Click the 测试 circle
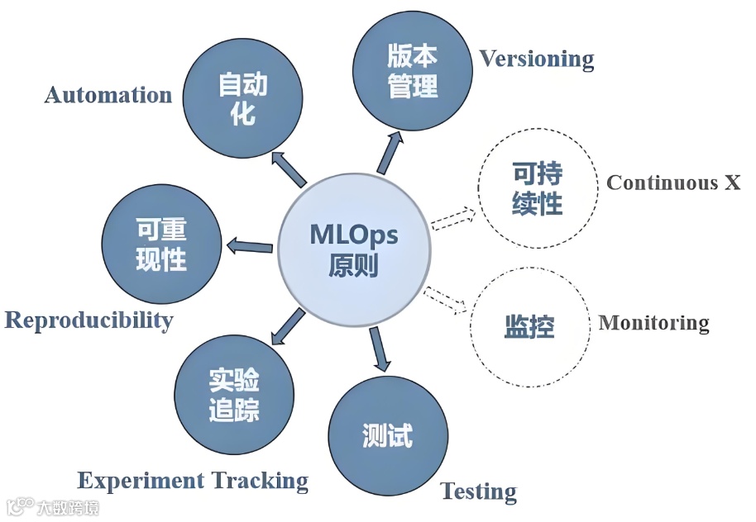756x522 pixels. coord(387,436)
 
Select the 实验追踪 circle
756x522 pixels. coord(235,394)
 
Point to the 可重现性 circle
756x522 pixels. coord(161,245)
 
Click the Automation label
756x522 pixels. coord(108,95)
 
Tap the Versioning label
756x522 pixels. coord(537,59)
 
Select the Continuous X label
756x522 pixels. coord(673,183)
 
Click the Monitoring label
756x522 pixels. coord(653,322)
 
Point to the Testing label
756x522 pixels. coord(478,491)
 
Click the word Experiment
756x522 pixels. coord(141,480)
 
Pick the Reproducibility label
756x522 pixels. coord(89,320)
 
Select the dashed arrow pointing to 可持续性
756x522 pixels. coord(452,219)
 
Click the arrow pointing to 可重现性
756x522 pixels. coord(249,244)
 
